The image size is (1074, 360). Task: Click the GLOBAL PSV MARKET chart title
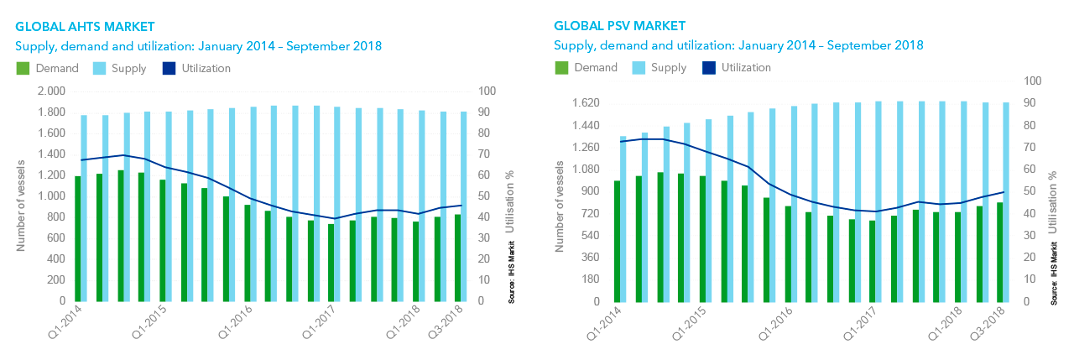(619, 27)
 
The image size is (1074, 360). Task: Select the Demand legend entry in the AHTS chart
(48, 68)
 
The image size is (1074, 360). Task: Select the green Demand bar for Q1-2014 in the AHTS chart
(77, 238)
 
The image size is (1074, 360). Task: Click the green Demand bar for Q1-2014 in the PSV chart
(616, 241)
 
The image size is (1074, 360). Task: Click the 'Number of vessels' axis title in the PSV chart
(560, 205)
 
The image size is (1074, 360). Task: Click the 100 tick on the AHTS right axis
(487, 91)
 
